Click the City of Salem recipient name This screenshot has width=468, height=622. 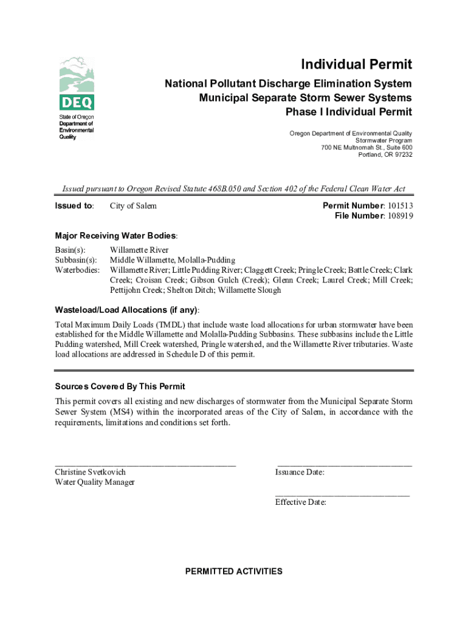pos(133,206)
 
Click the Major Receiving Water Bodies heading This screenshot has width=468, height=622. pos(116,236)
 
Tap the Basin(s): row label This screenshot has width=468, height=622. pos(71,250)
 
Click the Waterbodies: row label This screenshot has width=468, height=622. pos(78,270)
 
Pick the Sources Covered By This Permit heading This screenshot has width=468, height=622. pos(120,387)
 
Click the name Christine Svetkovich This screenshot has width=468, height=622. pos(91,472)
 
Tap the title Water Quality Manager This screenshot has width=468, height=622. pos(95,482)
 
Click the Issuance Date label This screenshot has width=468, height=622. pos(300,472)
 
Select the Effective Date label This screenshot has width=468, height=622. pos(301,502)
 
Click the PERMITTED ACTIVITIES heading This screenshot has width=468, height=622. pos(234,572)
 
